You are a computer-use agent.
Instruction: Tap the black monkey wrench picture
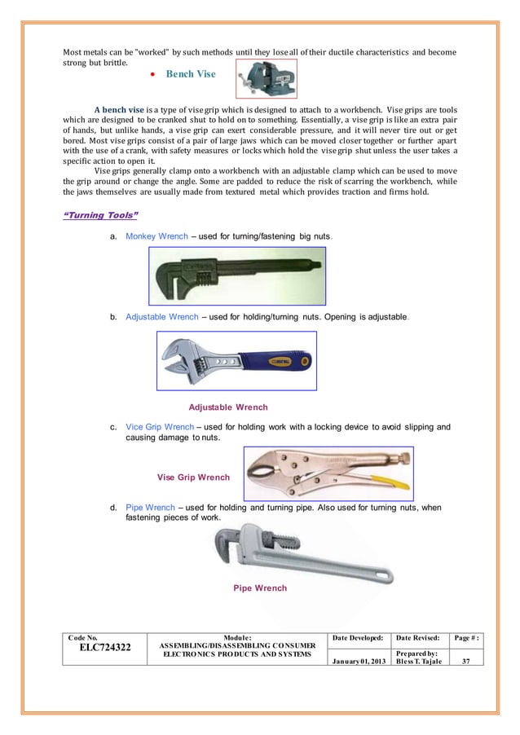click(237, 275)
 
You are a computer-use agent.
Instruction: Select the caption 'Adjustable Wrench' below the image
click(228, 407)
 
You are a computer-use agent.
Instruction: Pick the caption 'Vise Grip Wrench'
click(192, 477)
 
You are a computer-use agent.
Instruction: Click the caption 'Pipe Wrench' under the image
click(260, 588)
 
